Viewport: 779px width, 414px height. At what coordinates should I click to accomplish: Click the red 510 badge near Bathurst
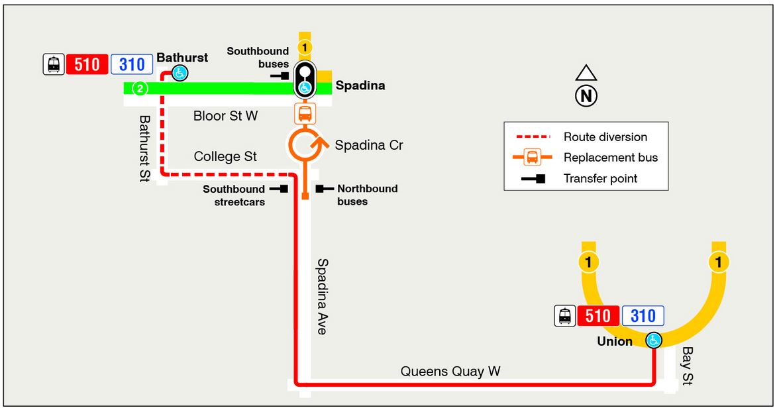[87, 64]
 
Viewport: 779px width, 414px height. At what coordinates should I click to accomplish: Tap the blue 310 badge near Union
[643, 316]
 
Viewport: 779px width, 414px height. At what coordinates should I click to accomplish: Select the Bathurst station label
[182, 58]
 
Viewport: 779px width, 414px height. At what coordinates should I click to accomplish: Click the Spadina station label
[360, 85]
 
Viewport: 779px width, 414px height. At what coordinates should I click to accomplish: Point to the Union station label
[615, 342]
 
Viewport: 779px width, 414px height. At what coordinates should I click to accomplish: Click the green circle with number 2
[140, 88]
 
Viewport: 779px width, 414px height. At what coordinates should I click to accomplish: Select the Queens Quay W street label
[450, 372]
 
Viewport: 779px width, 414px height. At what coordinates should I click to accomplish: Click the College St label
[225, 157]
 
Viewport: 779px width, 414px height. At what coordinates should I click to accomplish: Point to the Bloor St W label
[225, 116]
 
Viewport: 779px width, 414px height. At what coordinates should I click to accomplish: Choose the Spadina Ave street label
[322, 296]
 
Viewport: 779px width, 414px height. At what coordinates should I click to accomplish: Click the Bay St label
[688, 366]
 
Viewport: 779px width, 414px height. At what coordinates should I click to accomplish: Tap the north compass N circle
[586, 97]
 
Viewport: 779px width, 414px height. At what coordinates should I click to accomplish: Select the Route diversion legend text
[605, 137]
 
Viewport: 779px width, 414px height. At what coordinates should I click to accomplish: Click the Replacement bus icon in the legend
[532, 158]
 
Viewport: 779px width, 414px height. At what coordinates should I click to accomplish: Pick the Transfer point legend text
[600, 178]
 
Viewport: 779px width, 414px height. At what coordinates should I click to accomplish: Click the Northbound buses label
[367, 195]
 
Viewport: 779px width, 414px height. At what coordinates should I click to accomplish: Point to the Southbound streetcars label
[234, 195]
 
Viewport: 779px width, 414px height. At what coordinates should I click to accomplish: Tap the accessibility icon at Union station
[654, 340]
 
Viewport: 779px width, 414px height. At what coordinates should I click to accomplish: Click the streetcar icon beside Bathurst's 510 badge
[54, 64]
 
